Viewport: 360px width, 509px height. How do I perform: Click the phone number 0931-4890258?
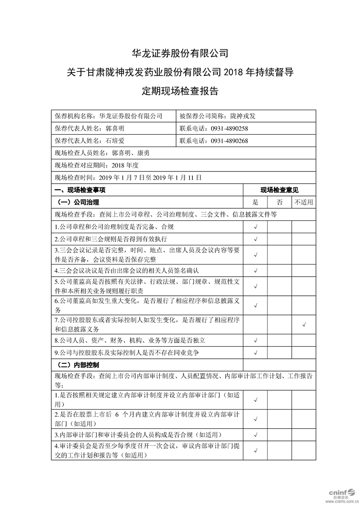click(229, 128)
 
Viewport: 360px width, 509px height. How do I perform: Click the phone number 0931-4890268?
click(229, 141)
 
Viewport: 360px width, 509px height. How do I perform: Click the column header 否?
click(280, 202)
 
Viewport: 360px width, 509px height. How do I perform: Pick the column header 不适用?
click(304, 202)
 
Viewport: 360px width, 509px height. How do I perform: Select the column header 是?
click(256, 202)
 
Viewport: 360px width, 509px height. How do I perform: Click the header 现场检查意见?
click(280, 191)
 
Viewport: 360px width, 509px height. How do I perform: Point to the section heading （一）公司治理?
click(79, 202)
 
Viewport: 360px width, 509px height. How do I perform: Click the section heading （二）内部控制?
click(79, 365)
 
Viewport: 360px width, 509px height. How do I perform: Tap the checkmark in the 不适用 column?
click(304, 324)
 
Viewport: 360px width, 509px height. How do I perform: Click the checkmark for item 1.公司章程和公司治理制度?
click(256, 226)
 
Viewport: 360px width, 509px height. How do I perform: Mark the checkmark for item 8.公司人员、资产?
click(256, 340)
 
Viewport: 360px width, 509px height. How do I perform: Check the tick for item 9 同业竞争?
click(256, 352)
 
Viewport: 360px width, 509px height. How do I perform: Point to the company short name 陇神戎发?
click(243, 116)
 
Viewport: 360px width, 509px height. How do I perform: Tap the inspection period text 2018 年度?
click(124, 166)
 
